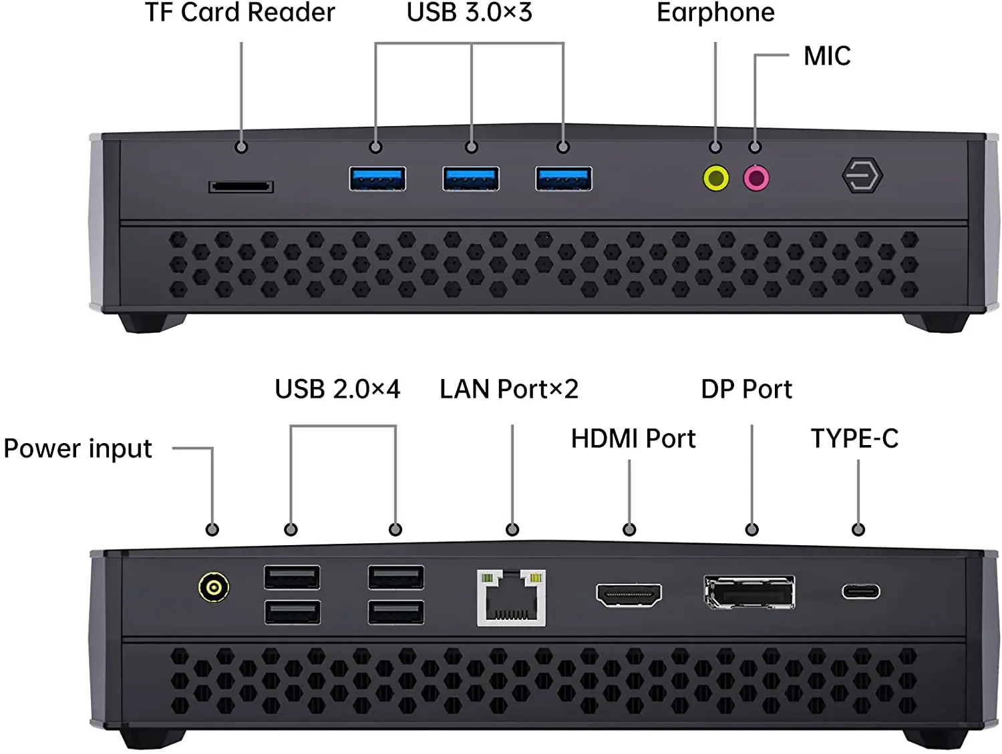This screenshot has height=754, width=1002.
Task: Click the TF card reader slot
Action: pos(241,187)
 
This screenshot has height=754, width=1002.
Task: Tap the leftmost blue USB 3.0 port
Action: pos(377,179)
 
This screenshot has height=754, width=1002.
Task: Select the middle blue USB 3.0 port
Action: pos(471,179)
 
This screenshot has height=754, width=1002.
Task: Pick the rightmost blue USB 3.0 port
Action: pos(564,179)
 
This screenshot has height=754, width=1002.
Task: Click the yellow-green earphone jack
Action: pos(716,178)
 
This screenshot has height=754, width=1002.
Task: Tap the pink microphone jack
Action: pos(756,178)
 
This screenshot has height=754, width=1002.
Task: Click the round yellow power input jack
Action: pos(214,587)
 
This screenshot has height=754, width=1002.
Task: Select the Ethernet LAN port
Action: pos(511,598)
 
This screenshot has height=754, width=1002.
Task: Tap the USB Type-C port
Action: pos(860,591)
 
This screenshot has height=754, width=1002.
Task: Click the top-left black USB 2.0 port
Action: pos(292,577)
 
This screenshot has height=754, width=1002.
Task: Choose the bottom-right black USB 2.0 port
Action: pos(396,612)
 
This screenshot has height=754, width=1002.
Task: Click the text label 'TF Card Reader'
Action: pos(240,13)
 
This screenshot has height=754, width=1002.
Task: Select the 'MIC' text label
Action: pos(827,57)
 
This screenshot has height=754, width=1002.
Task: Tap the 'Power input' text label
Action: pos(78,449)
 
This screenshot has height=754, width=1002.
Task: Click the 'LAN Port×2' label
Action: pos(509,389)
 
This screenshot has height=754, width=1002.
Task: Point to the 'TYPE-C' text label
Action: pos(854,438)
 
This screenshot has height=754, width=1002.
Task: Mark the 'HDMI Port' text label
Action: pos(633,438)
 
